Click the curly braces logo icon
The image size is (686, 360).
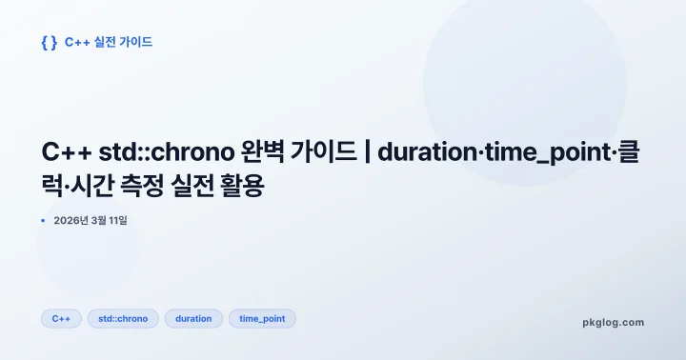click(x=50, y=42)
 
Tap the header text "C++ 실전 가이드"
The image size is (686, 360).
click(x=109, y=42)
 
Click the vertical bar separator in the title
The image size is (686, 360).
click(x=367, y=153)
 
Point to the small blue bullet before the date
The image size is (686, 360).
click(x=43, y=221)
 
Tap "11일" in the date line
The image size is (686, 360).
click(x=116, y=221)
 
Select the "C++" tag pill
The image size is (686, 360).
click(x=61, y=319)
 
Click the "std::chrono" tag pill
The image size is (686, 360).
click(x=123, y=319)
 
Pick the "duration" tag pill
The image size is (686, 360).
click(x=193, y=319)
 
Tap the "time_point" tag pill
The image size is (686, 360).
click(x=262, y=319)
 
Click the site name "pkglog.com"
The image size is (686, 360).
click(x=613, y=322)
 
